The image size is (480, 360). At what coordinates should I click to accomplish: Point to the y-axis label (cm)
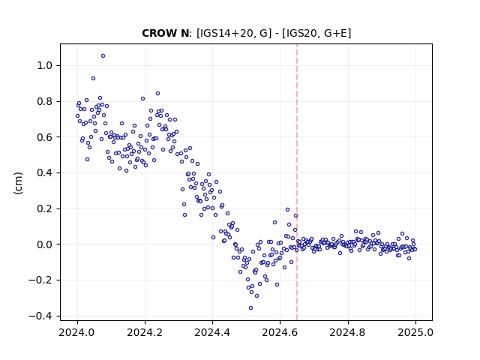click(x=18, y=183)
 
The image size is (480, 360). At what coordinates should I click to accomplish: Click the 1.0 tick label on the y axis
click(x=45, y=65)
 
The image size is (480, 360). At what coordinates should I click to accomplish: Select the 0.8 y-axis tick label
click(x=45, y=101)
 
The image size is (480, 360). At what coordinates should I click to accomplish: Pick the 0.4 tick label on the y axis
click(x=45, y=173)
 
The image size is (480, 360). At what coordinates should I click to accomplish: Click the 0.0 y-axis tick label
click(x=45, y=244)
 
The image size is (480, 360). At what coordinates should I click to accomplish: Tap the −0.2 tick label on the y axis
click(x=41, y=280)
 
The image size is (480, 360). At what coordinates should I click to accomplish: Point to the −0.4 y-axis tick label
click(x=41, y=316)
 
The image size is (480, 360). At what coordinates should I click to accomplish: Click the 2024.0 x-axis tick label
click(x=77, y=332)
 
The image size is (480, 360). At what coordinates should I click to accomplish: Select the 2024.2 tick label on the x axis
click(x=145, y=332)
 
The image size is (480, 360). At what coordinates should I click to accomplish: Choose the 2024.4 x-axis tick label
click(x=212, y=332)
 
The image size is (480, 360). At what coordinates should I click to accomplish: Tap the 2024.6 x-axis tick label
click(x=280, y=332)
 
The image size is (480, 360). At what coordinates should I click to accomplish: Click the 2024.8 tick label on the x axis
click(x=348, y=332)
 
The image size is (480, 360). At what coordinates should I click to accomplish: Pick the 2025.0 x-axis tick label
click(x=415, y=332)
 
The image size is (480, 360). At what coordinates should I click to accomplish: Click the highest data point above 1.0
click(x=103, y=56)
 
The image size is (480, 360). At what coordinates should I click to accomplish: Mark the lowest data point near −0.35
click(x=250, y=308)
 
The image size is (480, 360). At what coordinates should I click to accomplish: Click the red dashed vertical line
click(x=297, y=182)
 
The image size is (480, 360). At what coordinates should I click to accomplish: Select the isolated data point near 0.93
click(x=93, y=79)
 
